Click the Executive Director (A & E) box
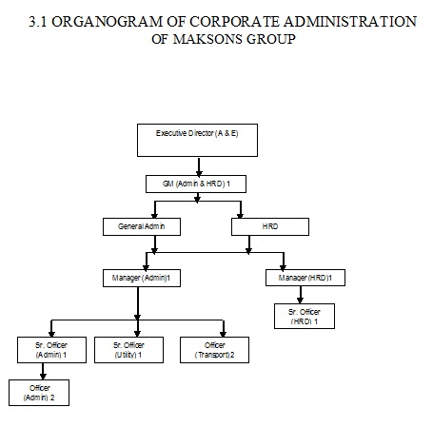coord(197,140)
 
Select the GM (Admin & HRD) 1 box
coord(196,184)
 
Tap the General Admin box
coord(142,226)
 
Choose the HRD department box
coord(270,226)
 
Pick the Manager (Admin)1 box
coord(142,278)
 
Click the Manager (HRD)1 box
coord(305,278)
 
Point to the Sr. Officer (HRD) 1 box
coord(305,316)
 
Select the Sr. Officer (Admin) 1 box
coord(51,350)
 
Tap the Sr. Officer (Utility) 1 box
coord(129,350)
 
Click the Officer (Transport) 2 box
coord(214,350)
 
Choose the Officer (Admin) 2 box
coord(39,393)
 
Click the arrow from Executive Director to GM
coord(199,167)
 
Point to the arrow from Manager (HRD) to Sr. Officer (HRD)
coord(300,295)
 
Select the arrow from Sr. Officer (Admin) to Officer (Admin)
coord(43,371)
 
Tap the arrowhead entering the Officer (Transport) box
coord(223,333)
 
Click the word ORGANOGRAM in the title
coord(108,22)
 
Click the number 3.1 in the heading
coord(38,22)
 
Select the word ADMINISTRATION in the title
coord(350,22)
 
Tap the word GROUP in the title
coord(271,39)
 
